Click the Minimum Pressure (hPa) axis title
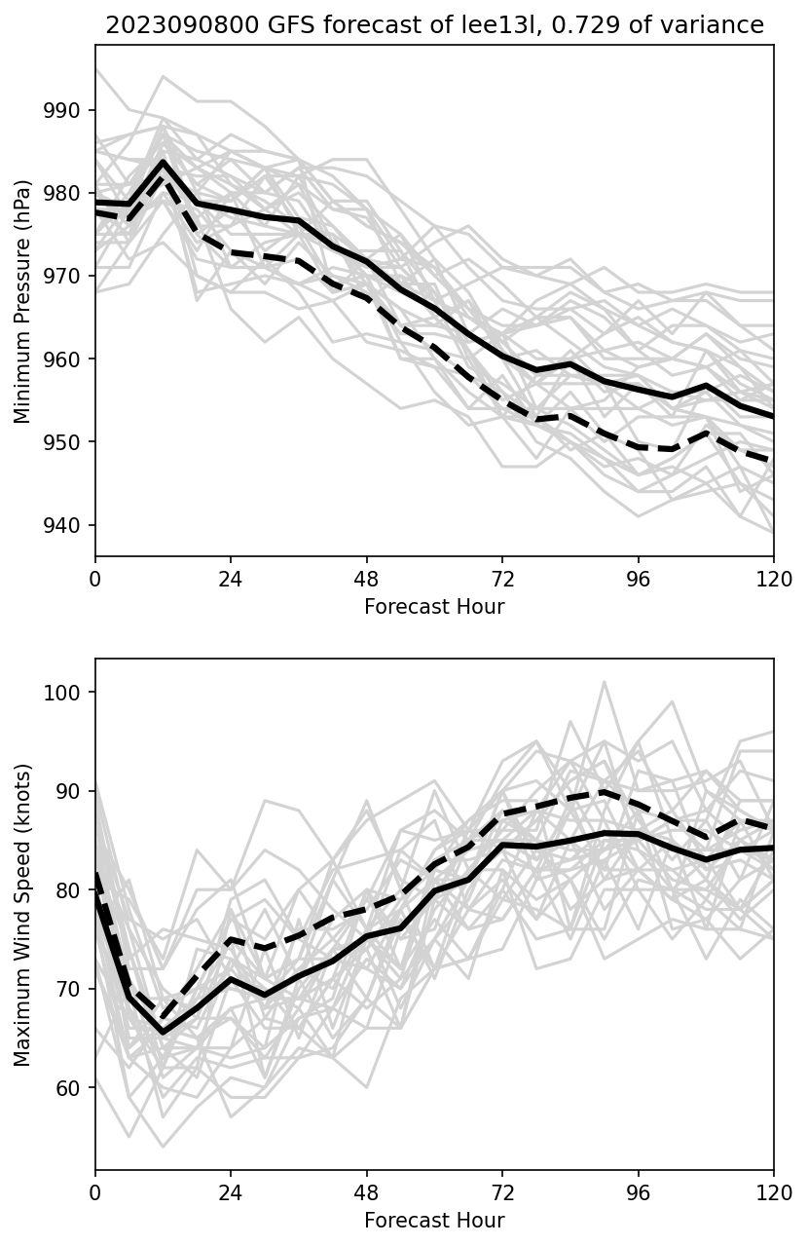tap(23, 301)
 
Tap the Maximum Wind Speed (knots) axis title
tap(23, 915)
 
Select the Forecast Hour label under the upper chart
tap(434, 607)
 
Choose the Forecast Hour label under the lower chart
tap(434, 1221)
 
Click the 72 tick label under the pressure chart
tap(502, 578)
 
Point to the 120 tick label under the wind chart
tap(774, 1191)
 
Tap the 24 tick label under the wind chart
tap(231, 1191)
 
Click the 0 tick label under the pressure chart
tap(95, 578)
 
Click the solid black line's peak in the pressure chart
tap(164, 162)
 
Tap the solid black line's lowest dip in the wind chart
tap(164, 1033)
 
